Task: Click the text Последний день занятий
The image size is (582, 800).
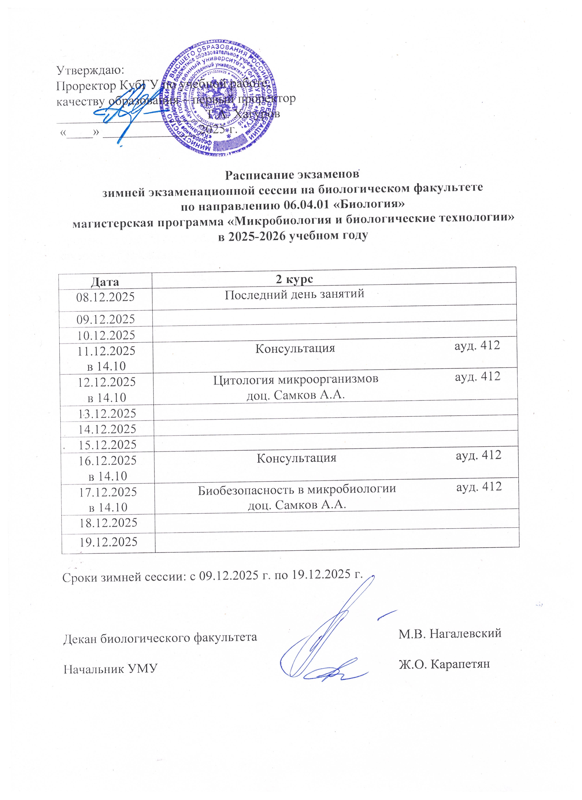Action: [x=294, y=294]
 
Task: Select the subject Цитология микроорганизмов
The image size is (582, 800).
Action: [x=296, y=380]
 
